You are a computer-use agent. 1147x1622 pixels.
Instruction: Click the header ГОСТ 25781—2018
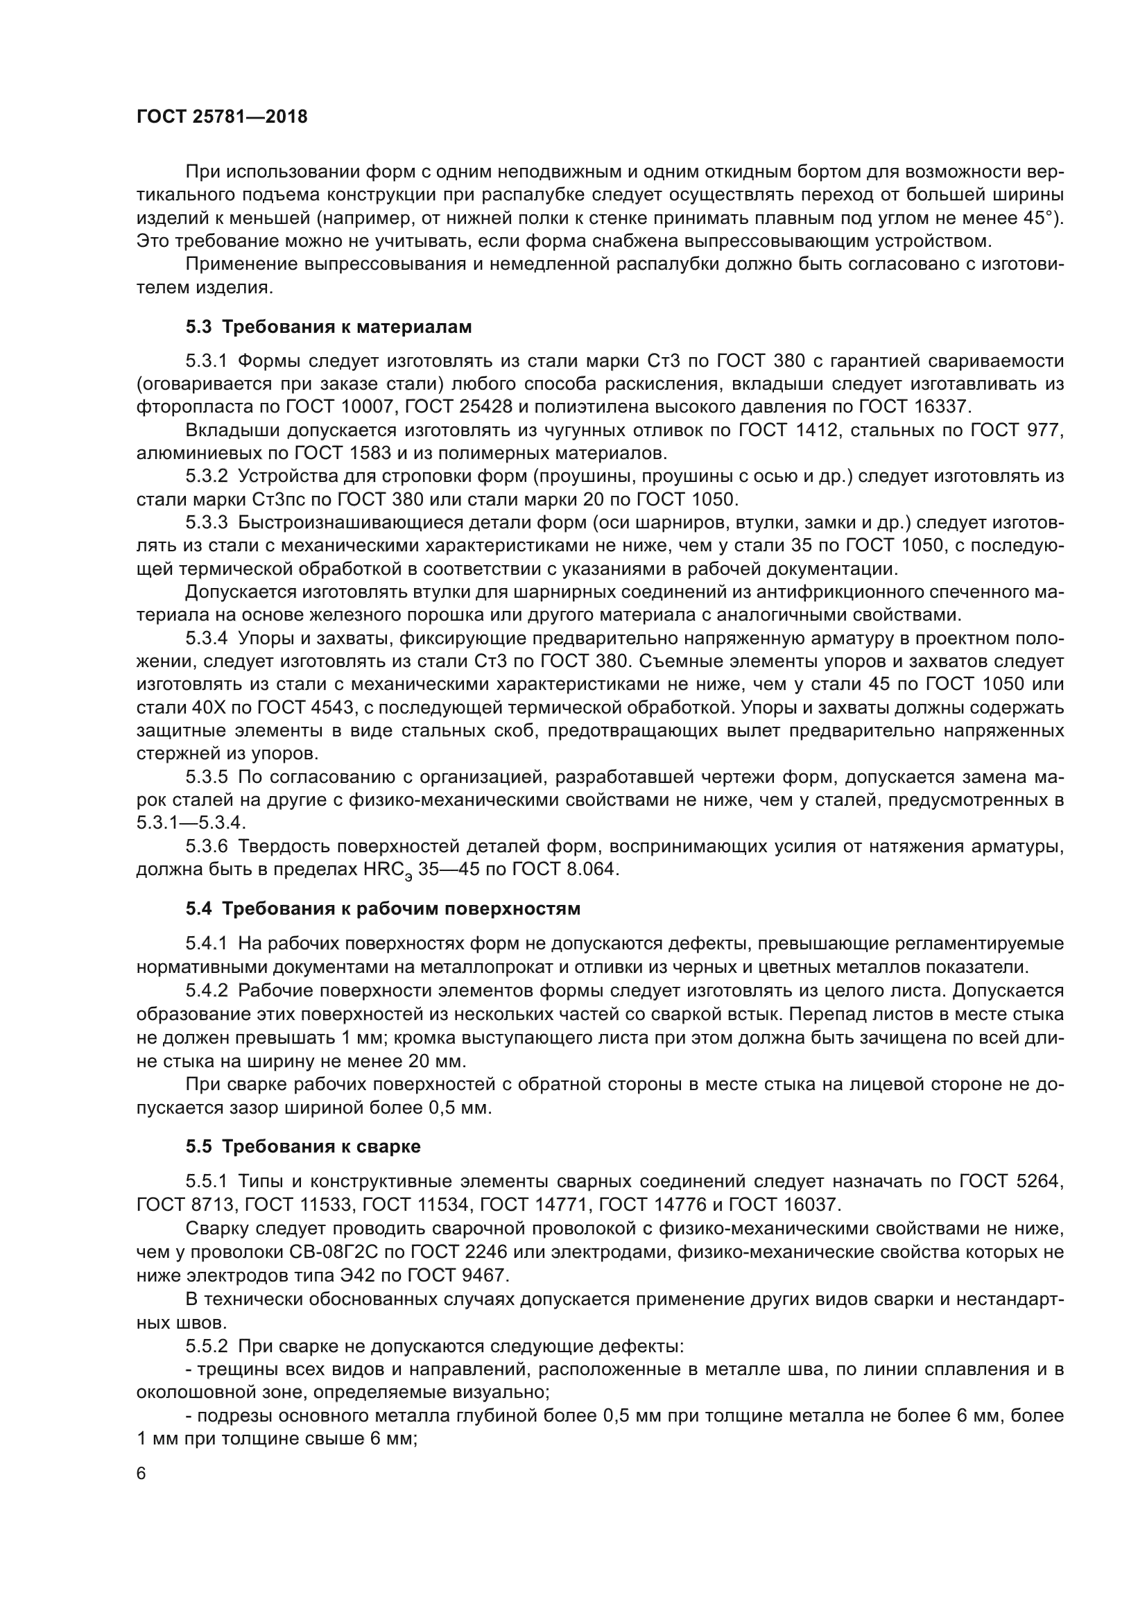coord(222,117)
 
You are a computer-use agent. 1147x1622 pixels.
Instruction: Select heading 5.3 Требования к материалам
coord(329,327)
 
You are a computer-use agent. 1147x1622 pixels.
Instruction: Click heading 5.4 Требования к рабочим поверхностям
coord(383,908)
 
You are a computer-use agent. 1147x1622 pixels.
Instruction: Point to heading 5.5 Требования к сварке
coord(303,1146)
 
